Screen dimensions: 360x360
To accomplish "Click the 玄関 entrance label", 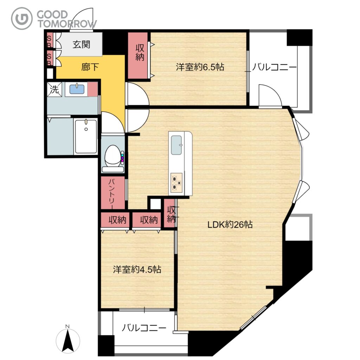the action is [x=81, y=44].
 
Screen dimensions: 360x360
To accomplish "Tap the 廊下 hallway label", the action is [x=90, y=67].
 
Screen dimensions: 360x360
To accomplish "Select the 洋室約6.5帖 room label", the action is [x=200, y=67].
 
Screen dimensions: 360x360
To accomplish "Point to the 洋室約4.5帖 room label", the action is [x=137, y=269].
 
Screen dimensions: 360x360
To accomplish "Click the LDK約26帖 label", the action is [x=230, y=224].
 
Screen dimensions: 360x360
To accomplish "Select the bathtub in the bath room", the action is [x=86, y=136].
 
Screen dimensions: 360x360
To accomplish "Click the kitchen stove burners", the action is [x=176, y=182].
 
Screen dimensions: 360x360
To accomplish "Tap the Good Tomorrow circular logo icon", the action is [x=22, y=18].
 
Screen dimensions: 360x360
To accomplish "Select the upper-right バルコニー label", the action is [x=274, y=67].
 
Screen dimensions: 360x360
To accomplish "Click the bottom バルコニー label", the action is [x=144, y=328].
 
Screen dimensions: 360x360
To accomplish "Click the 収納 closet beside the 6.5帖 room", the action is [x=139, y=55].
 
